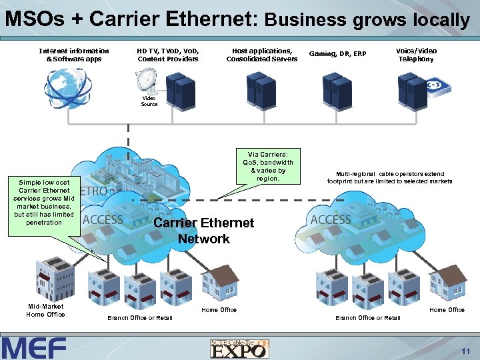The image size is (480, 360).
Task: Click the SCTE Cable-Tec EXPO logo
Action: pos(240,347)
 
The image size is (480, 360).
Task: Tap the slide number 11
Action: pos(465,350)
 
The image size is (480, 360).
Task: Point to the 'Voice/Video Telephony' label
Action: pos(416,55)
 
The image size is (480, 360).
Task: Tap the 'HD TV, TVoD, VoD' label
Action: pos(168,55)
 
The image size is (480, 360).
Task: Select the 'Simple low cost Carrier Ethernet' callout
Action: pos(44,202)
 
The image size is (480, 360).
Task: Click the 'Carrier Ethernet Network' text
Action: pos(203,231)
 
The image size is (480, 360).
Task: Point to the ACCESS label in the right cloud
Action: pos(331,219)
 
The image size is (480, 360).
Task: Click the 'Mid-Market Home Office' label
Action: pos(45,311)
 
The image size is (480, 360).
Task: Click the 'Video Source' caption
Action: pos(149,101)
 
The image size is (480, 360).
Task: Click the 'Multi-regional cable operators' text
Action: pos(389,177)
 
